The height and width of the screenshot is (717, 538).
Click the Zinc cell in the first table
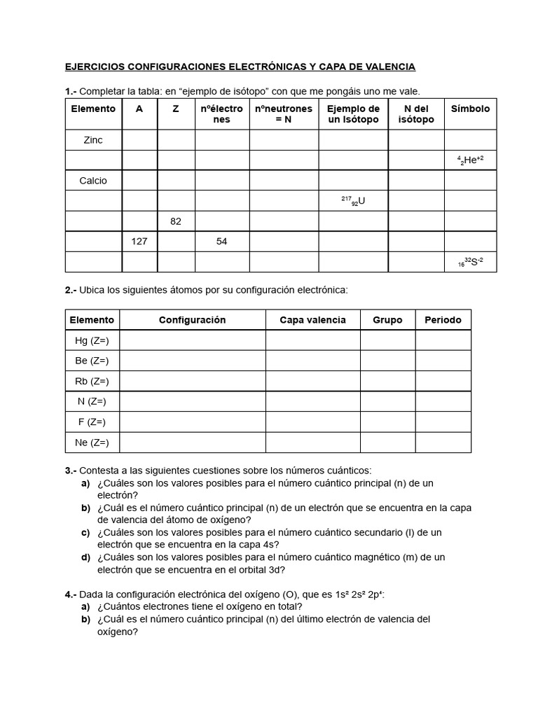point(93,140)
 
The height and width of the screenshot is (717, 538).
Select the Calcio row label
point(93,181)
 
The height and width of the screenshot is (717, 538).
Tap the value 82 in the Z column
point(176,221)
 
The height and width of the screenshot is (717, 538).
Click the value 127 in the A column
point(139,242)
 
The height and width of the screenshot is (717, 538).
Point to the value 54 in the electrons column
point(222,242)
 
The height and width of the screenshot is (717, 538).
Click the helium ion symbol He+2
point(470,160)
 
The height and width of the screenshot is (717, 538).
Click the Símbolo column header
point(470,109)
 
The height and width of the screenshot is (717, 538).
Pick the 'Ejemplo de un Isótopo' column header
point(354,114)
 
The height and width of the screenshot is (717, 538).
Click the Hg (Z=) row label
point(92,340)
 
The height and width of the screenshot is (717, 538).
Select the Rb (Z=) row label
point(92,382)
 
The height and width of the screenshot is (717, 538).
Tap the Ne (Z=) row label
point(92,443)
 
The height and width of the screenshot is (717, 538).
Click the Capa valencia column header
point(312,320)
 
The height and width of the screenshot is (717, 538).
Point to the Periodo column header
point(443,320)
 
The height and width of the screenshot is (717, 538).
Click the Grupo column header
point(387,320)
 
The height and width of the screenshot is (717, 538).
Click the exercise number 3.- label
point(71,471)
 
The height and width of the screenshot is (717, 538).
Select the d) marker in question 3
point(85,557)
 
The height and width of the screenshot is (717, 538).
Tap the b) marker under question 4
point(85,619)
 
